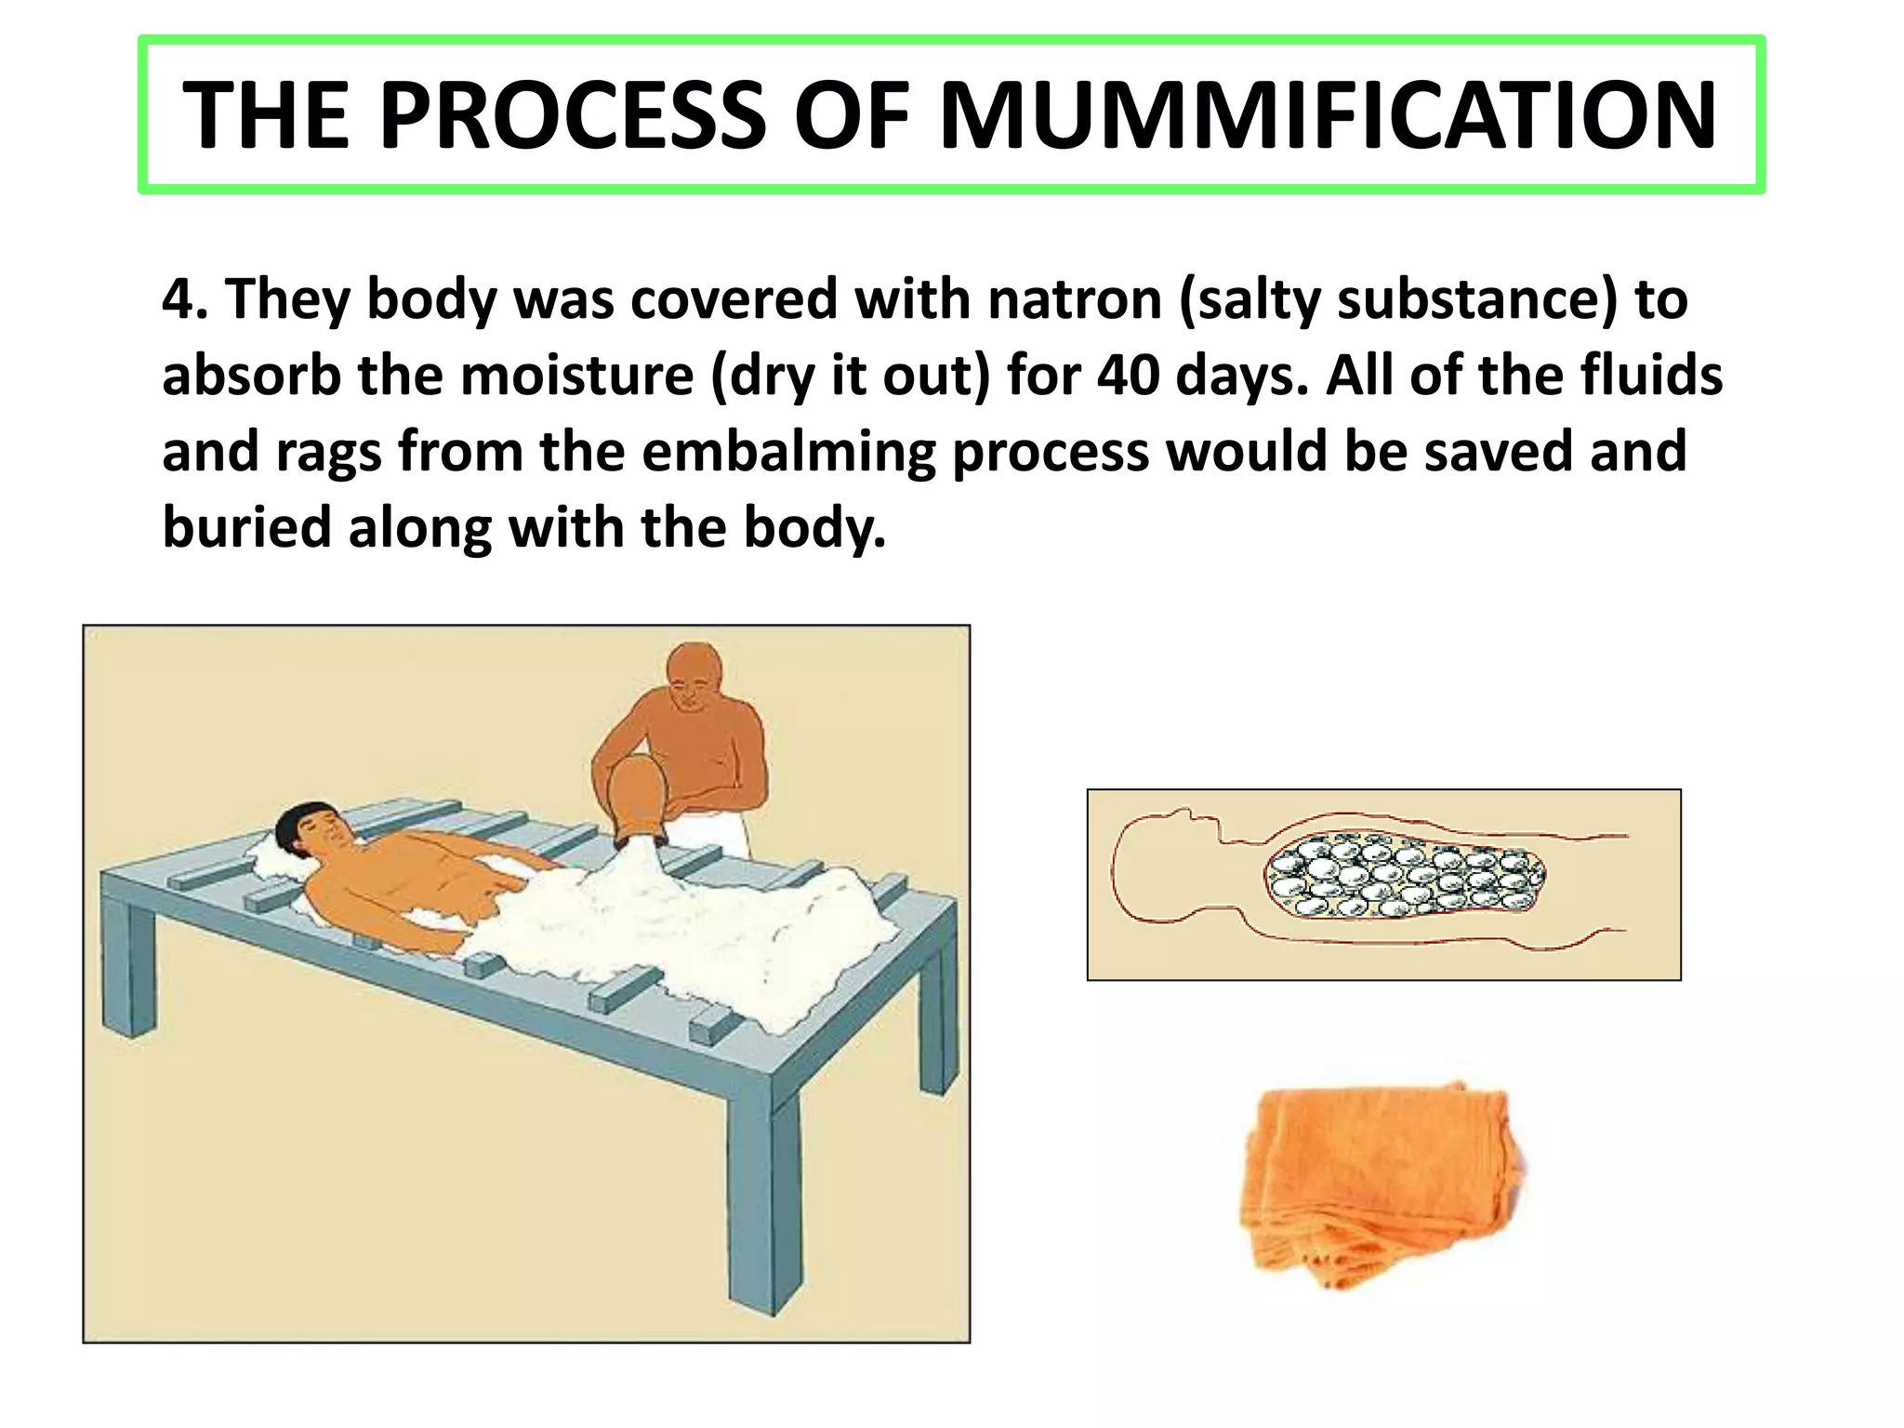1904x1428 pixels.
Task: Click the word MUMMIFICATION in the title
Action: [x=1328, y=115]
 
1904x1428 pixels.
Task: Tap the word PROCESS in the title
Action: [x=573, y=115]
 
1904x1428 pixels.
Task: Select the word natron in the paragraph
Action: [x=1074, y=299]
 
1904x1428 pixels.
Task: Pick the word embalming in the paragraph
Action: [x=788, y=452]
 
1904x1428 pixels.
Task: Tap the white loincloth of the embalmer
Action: [x=711, y=834]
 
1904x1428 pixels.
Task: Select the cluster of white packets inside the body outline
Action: [x=1404, y=875]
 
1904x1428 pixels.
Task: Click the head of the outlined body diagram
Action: [x=1157, y=869]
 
